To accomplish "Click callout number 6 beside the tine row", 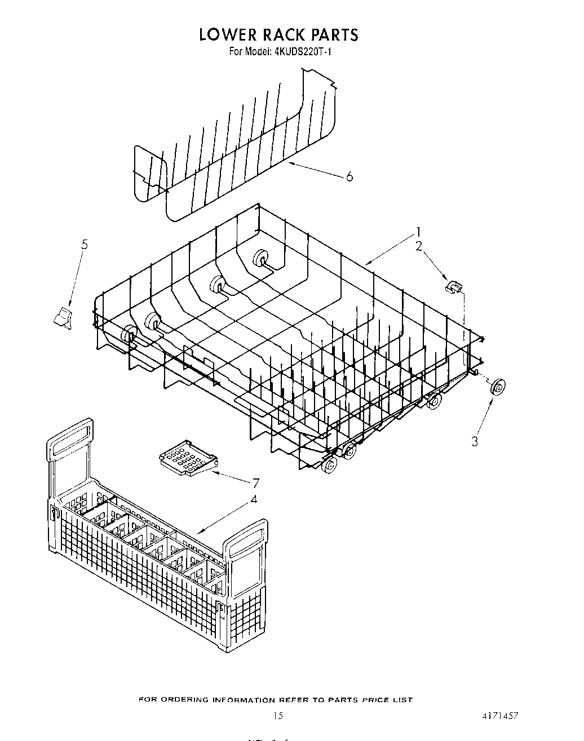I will [349, 177].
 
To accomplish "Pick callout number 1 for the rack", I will [419, 232].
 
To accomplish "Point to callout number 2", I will [419, 246].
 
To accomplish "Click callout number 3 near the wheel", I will [475, 441].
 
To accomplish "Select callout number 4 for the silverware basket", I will [254, 499].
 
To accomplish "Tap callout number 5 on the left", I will [85, 245].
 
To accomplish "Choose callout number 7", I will [256, 483].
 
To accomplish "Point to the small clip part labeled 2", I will [453, 287].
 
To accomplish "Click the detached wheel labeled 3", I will [497, 387].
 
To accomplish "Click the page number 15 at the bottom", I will [277, 717].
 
